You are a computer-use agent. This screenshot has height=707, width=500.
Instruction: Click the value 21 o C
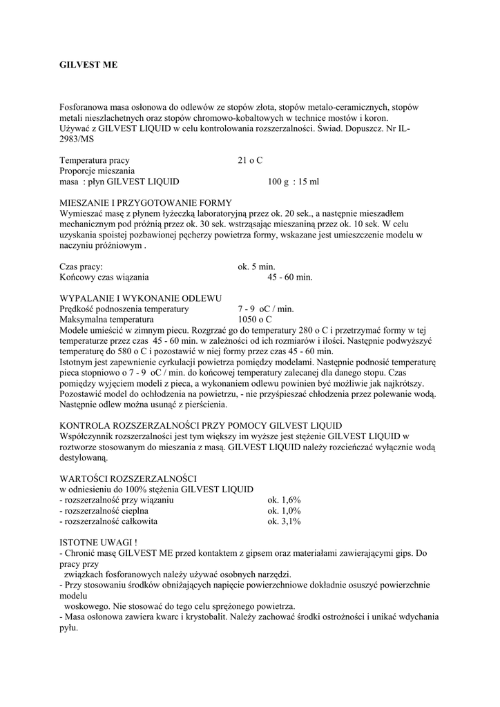[x=250, y=160]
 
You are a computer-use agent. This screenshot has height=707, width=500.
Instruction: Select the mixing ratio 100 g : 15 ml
[x=294, y=182]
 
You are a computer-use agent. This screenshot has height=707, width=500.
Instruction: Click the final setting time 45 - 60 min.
[x=290, y=277]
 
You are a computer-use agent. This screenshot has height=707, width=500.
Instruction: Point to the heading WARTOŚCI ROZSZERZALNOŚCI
[x=128, y=478]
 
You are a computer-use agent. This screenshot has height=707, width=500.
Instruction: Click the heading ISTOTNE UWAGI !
[x=99, y=543]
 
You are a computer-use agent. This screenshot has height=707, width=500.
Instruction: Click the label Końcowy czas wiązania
[x=104, y=277]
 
